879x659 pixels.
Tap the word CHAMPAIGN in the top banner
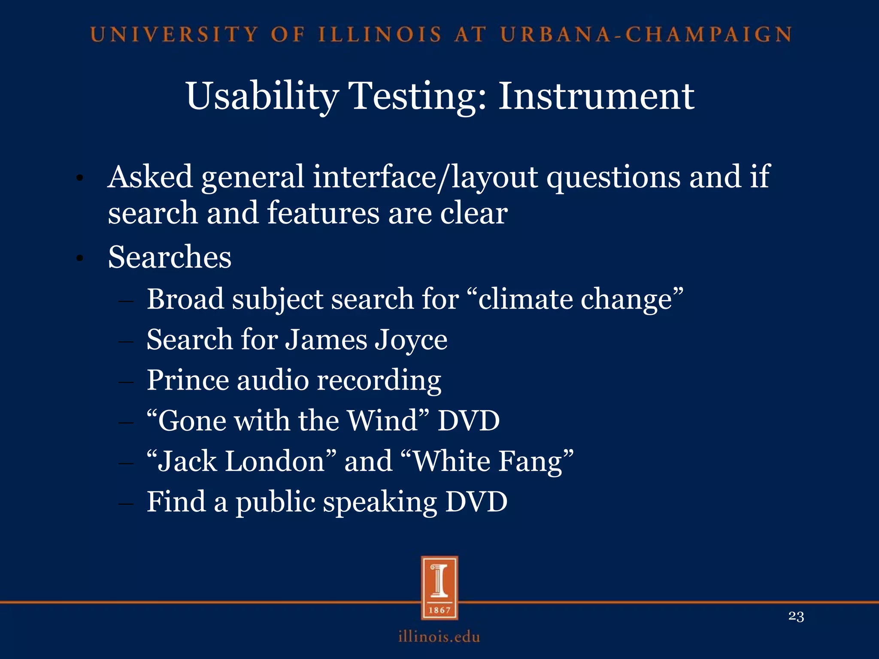pyautogui.click(x=709, y=35)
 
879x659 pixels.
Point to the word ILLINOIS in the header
pyautogui.click(x=380, y=35)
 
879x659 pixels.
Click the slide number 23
pyautogui.click(x=796, y=617)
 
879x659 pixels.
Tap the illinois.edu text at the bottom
pyautogui.click(x=439, y=636)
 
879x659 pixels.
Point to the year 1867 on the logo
pyautogui.click(x=439, y=610)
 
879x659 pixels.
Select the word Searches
pyautogui.click(x=170, y=257)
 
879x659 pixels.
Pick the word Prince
pyautogui.click(x=188, y=380)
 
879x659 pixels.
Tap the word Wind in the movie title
pyautogui.click(x=382, y=420)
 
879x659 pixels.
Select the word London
pyautogui.click(x=275, y=461)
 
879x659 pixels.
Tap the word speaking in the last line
pyautogui.click(x=379, y=502)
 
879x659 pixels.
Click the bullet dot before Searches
pyautogui.click(x=79, y=258)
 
